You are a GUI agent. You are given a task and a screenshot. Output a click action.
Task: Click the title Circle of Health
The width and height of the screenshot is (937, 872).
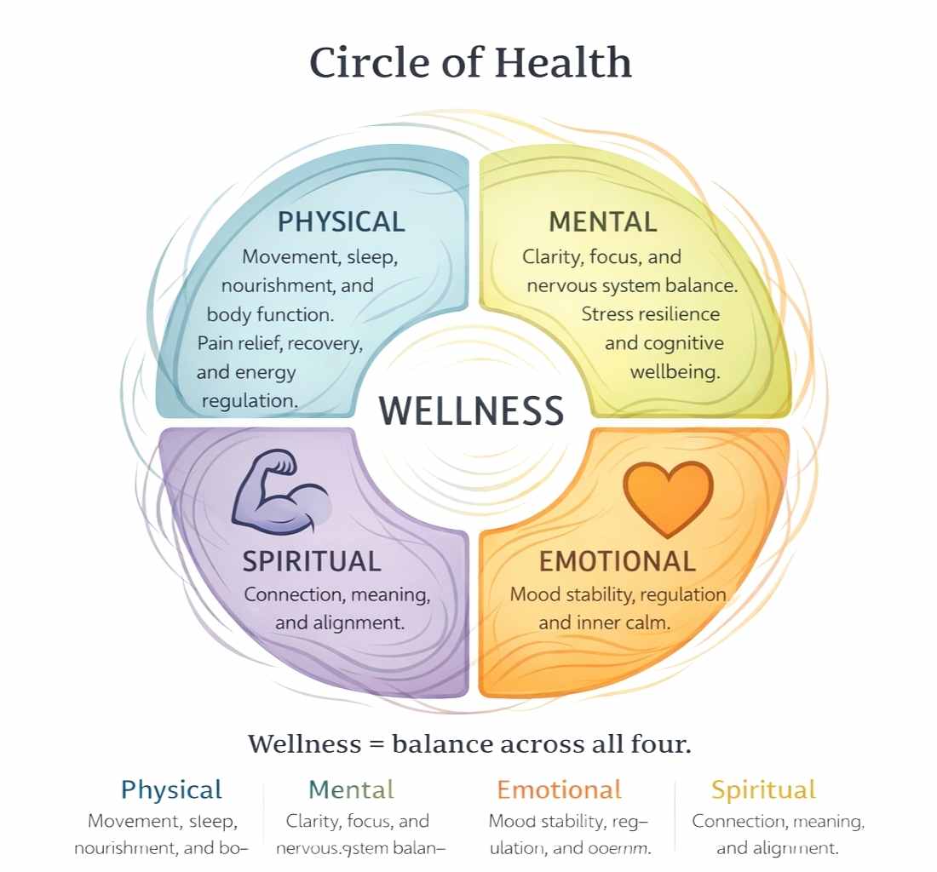(x=470, y=63)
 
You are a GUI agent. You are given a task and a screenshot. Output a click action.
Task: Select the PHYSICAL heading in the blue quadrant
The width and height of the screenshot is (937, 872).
(x=341, y=222)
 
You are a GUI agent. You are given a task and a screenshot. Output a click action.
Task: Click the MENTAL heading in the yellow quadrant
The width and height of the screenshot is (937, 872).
(x=603, y=222)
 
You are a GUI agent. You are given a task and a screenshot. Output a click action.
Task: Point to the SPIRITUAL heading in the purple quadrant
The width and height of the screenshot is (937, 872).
(x=312, y=561)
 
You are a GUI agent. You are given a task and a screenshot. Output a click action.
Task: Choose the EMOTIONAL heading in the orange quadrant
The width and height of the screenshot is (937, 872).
(x=618, y=561)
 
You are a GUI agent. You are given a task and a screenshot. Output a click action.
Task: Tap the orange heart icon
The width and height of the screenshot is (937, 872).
(x=668, y=497)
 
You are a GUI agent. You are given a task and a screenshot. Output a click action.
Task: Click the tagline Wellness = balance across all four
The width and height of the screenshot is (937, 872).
(x=469, y=743)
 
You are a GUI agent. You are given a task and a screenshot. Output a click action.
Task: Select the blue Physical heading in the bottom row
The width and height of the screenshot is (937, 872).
(x=171, y=789)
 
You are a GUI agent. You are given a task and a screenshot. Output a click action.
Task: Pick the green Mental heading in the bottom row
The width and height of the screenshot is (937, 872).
(x=351, y=789)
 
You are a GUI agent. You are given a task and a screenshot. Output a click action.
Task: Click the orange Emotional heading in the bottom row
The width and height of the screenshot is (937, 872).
(x=559, y=789)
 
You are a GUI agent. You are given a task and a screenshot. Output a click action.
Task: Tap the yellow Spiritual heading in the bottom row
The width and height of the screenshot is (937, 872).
(x=763, y=789)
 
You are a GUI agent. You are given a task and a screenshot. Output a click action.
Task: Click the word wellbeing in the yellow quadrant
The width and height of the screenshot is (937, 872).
(x=675, y=372)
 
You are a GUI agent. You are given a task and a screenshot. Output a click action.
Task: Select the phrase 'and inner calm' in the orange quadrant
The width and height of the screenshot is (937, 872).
(x=604, y=622)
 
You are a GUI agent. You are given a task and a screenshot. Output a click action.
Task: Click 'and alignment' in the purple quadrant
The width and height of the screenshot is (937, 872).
(x=339, y=622)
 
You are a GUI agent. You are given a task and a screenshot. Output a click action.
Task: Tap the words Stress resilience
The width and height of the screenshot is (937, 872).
(x=651, y=314)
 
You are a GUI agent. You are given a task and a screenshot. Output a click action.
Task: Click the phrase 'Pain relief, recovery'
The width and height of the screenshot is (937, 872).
(x=280, y=344)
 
